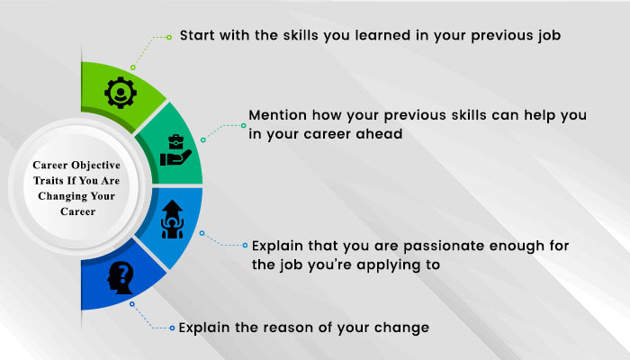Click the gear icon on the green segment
(x=121, y=93)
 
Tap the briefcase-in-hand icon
(x=175, y=150)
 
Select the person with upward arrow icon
(x=172, y=220)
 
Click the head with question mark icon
(x=120, y=277)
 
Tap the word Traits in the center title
(x=45, y=181)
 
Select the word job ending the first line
(x=549, y=36)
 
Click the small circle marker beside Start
(x=169, y=37)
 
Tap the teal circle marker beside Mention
(x=244, y=125)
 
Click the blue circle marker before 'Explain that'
(x=245, y=245)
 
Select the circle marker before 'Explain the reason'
(x=172, y=328)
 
